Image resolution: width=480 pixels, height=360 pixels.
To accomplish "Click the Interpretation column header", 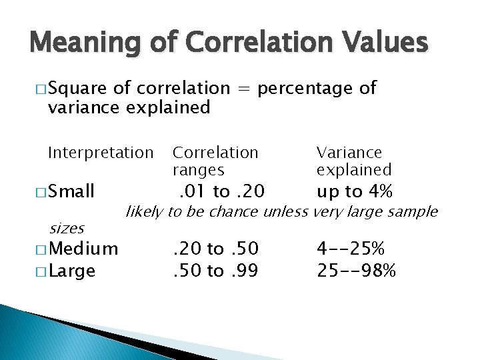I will click(101, 153).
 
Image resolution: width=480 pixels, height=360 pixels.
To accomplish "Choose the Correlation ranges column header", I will click(215, 161).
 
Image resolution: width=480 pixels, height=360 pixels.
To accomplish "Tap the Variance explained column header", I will click(353, 161).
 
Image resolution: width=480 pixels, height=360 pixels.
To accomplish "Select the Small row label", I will click(71, 192).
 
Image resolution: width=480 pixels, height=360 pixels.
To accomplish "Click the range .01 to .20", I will click(223, 192).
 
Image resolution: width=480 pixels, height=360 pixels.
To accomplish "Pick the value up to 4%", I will click(354, 192).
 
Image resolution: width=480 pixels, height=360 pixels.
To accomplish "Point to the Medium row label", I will click(83, 249).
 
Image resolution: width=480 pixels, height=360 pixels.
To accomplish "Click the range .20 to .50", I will click(216, 249).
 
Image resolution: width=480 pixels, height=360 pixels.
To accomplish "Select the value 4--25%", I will click(351, 249).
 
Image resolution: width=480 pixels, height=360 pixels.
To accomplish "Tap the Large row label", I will click(72, 271).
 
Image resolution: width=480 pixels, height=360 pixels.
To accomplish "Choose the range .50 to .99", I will click(216, 271).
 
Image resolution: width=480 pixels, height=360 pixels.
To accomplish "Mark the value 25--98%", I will click(357, 271).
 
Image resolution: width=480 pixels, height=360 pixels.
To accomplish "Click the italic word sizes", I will click(67, 229).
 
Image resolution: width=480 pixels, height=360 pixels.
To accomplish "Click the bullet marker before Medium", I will click(37, 250).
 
